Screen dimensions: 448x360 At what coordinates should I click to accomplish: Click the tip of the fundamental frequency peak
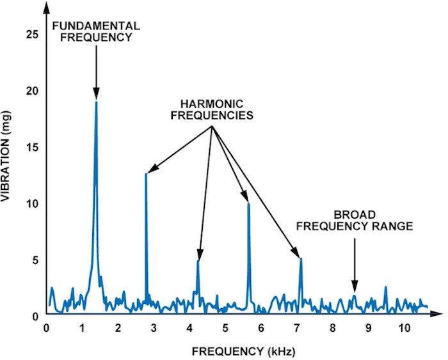(x=96, y=102)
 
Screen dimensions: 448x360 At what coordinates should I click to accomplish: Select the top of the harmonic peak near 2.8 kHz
(x=146, y=173)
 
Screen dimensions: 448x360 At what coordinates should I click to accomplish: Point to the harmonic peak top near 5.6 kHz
(x=248, y=203)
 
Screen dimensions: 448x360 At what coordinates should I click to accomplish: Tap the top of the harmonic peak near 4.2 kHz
(x=198, y=261)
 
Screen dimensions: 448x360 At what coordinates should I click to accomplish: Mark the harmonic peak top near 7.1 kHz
(x=301, y=259)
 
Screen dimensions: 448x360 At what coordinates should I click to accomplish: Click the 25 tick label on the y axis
(x=31, y=35)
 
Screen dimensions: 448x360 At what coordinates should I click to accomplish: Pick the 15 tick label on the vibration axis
(x=31, y=148)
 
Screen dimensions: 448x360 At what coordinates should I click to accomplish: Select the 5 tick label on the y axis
(x=35, y=260)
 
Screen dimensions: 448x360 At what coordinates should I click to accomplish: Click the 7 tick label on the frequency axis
(x=297, y=328)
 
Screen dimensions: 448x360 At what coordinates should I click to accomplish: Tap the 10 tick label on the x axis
(x=404, y=328)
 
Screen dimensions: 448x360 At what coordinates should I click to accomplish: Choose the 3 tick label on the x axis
(x=154, y=328)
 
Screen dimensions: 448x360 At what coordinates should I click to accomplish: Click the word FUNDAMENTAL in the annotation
(x=96, y=26)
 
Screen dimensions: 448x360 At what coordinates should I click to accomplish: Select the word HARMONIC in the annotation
(x=212, y=104)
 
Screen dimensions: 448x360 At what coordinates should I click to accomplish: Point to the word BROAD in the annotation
(x=355, y=215)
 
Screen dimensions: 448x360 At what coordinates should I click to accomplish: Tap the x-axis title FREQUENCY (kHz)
(x=243, y=352)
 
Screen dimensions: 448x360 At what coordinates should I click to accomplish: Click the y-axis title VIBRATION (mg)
(x=5, y=157)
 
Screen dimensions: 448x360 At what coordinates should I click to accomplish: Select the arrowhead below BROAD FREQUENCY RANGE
(x=355, y=286)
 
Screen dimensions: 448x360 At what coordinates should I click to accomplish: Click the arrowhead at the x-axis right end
(x=436, y=314)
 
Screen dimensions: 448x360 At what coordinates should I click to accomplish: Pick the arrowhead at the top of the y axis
(x=46, y=8)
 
